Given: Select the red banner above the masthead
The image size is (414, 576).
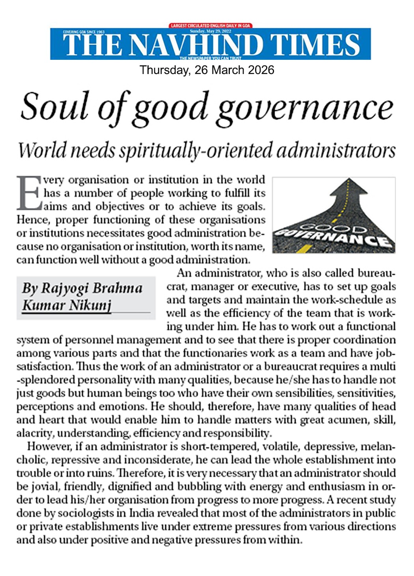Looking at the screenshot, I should pyautogui.click(x=211, y=26).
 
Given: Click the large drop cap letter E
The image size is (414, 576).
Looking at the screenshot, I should pyautogui.click(x=29, y=193).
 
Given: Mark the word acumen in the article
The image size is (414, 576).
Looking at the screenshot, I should pyautogui.click(x=345, y=420).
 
